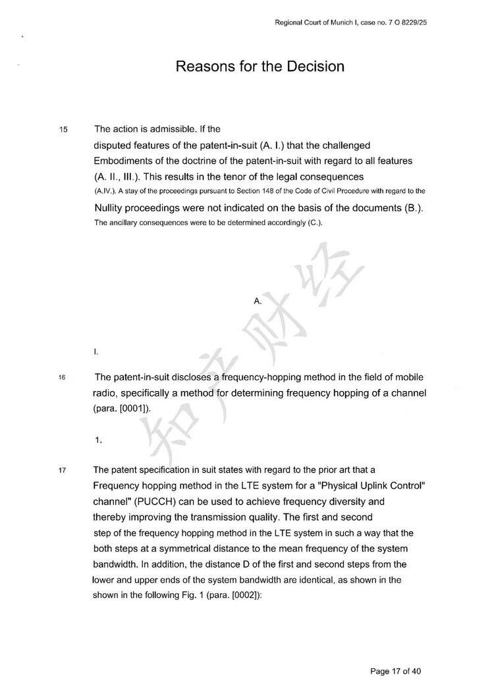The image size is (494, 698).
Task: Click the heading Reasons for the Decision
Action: coord(260,67)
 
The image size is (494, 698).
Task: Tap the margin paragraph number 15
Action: coord(63,129)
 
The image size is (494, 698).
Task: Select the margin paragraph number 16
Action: coord(63,378)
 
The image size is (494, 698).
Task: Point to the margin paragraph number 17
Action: coord(63,471)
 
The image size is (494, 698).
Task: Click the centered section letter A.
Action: coord(258,301)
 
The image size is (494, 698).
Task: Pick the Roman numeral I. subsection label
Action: coord(96,352)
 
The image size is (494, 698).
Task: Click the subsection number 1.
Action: coord(98,441)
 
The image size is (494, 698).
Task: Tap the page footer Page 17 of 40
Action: coord(395,672)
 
